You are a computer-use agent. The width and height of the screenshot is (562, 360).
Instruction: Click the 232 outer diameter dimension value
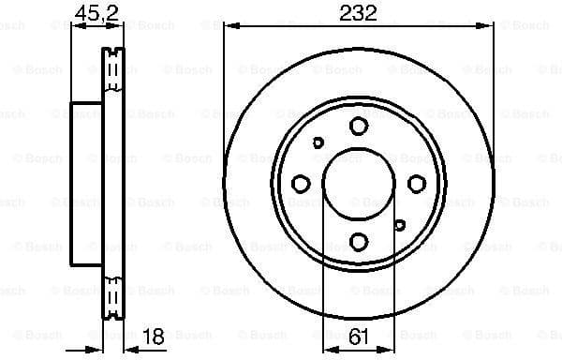[359, 12]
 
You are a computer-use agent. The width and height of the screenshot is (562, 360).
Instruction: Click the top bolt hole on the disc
[359, 126]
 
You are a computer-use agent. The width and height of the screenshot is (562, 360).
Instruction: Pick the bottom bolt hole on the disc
[359, 242]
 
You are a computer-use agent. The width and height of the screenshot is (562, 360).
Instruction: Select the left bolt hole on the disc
[301, 184]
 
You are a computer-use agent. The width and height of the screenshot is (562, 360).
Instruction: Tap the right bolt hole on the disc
[417, 184]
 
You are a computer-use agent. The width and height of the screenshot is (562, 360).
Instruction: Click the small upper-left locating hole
[318, 142]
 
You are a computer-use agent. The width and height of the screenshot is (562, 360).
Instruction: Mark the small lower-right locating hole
[400, 225]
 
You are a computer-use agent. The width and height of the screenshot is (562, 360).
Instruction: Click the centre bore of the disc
[359, 184]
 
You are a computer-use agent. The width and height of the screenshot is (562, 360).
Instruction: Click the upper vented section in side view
[112, 70]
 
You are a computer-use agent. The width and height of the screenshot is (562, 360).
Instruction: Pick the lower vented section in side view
[112, 295]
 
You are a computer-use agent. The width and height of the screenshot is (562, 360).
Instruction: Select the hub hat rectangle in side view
[85, 184]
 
